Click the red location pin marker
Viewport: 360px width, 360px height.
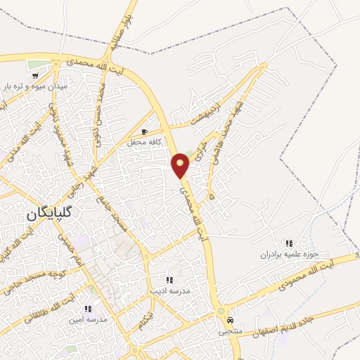(181, 165)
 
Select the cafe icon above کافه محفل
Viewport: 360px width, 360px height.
(145, 131)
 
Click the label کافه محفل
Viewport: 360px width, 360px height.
(145, 142)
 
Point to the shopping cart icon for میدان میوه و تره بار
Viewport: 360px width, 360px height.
(34, 75)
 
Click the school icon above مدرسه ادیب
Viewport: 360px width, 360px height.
(169, 280)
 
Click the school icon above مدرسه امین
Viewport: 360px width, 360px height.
(88, 309)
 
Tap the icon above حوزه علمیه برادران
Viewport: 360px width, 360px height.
(289, 243)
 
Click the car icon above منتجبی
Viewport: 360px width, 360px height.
(230, 319)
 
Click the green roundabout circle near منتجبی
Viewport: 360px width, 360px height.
(221, 311)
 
